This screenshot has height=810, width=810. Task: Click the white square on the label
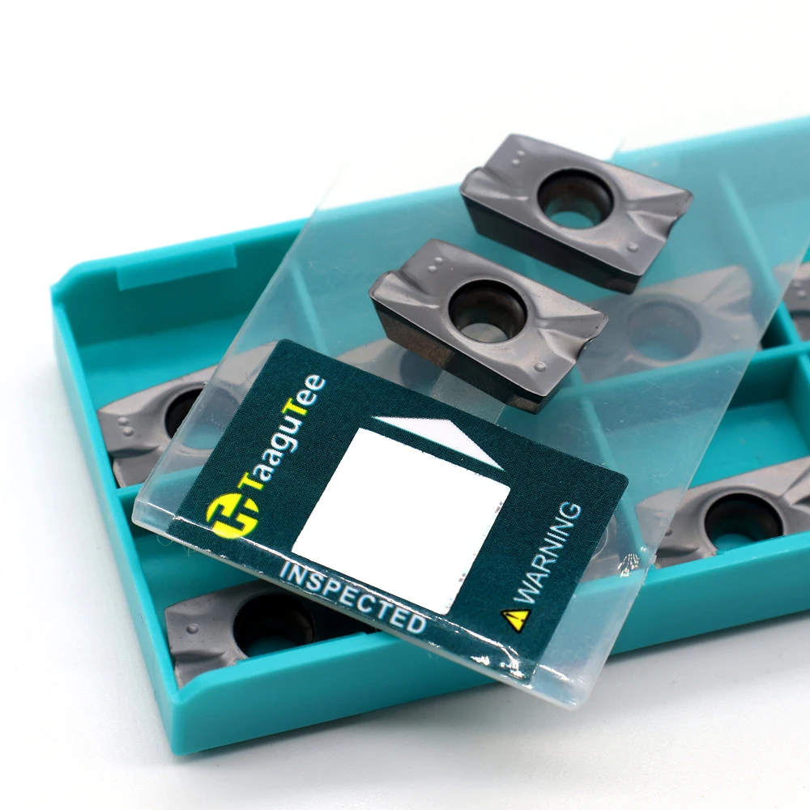click(401, 520)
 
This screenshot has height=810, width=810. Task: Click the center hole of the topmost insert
click(575, 199)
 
